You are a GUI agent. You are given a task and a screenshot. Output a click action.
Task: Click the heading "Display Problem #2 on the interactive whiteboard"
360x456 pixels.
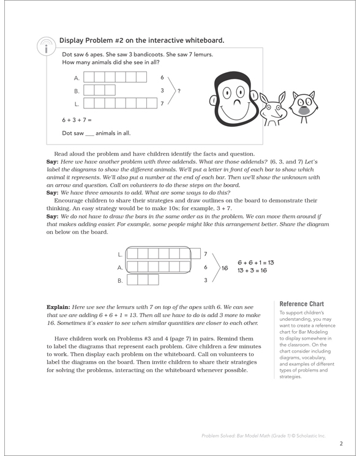[x=141, y=40]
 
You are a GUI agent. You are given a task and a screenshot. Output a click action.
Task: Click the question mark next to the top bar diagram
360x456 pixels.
[x=179, y=91]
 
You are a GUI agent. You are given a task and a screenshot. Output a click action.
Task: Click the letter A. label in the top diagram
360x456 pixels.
[x=77, y=78]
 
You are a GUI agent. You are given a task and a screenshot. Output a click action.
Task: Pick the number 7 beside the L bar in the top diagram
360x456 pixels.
[x=162, y=103]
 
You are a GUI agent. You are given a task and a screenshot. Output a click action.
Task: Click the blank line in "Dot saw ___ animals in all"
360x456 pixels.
[x=91, y=133]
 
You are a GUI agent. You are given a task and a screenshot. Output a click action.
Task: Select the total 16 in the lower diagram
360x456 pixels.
[x=225, y=267]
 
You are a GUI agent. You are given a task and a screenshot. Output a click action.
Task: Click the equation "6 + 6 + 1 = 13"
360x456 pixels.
[x=255, y=262]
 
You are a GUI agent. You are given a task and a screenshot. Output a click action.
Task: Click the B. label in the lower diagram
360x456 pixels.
[x=120, y=280]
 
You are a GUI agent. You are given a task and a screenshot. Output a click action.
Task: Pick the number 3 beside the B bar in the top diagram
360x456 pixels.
[x=162, y=91]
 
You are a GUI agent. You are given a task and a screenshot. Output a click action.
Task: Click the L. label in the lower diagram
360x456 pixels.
[x=120, y=253]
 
